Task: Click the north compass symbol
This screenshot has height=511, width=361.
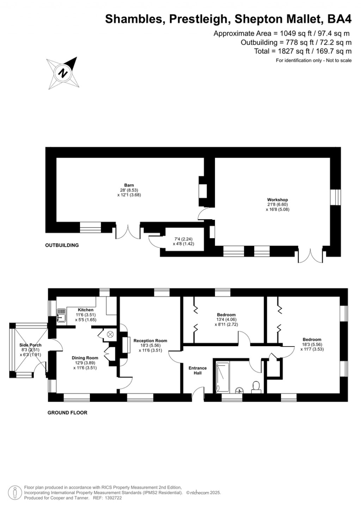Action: point(63,73)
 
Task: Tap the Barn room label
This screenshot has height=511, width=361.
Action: point(129,185)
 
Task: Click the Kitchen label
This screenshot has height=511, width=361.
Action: point(86,310)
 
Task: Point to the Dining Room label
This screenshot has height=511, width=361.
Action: point(85,358)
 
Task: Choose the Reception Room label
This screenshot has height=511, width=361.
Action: point(150,341)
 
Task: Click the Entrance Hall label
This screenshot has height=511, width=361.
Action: point(197,370)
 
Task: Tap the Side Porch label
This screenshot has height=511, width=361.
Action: point(31,345)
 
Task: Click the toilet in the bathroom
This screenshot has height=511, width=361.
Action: point(256,386)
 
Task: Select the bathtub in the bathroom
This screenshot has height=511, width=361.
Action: point(222,377)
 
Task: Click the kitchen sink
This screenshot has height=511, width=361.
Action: point(61,315)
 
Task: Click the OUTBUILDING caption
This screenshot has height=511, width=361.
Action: point(62,245)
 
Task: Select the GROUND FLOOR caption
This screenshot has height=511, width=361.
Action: point(67,413)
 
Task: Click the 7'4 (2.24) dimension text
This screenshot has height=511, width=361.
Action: point(183,239)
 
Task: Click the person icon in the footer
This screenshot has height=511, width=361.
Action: point(14,492)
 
